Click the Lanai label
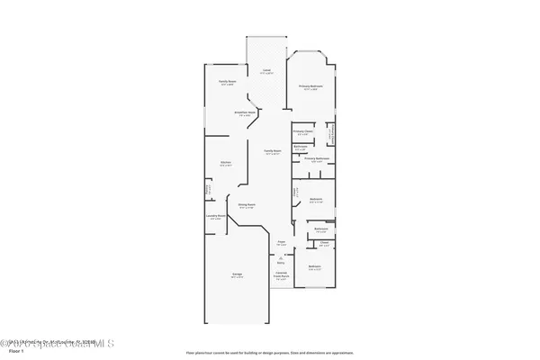coord(266,70)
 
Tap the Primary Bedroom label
coord(310,87)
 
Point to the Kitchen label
coord(226,163)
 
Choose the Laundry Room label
coord(216,218)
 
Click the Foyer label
coord(281,243)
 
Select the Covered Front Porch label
coord(281,276)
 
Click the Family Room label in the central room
coord(273,152)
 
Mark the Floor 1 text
coord(13,352)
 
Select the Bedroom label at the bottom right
coord(314,268)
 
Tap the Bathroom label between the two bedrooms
coord(321,230)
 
